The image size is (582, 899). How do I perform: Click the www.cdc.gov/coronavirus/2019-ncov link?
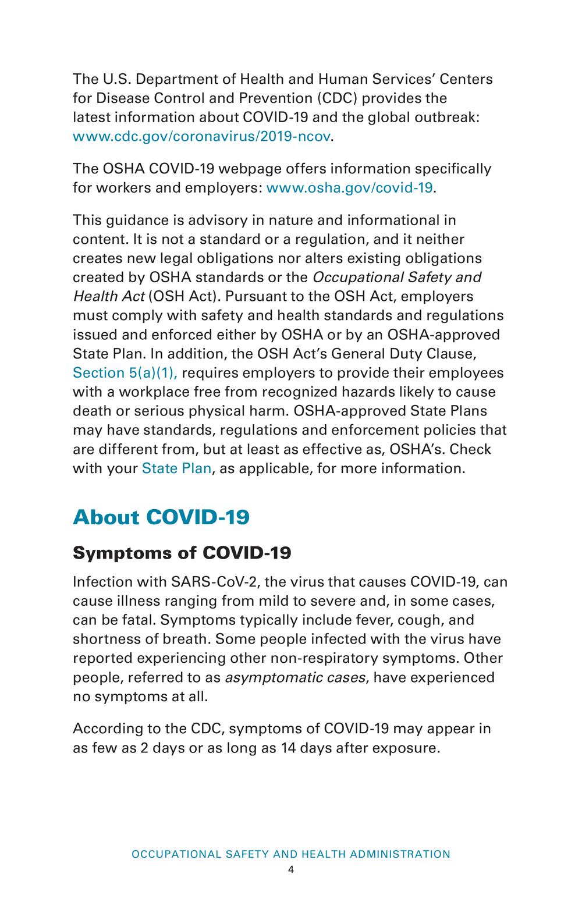pyautogui.click(x=201, y=137)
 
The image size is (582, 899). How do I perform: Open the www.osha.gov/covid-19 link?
pyautogui.click(x=349, y=188)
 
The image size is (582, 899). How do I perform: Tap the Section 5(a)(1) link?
pyautogui.click(x=125, y=372)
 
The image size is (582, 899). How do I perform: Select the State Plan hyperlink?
pyautogui.click(x=176, y=468)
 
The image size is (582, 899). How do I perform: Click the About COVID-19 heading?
pyautogui.click(x=161, y=517)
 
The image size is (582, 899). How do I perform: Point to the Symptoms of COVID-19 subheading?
pyautogui.click(x=182, y=553)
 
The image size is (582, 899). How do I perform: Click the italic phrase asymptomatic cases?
pyautogui.click(x=295, y=678)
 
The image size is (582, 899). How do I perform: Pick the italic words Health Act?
pyautogui.click(x=108, y=296)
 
